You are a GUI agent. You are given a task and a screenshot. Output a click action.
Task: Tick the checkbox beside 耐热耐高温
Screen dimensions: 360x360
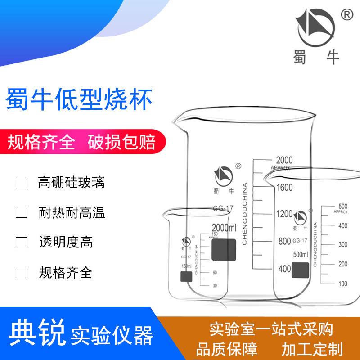[x=22, y=212]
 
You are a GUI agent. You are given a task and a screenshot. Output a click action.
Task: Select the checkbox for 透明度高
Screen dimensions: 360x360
[x=22, y=243]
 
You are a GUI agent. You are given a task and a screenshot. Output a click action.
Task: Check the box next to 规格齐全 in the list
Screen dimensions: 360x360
[x=22, y=273]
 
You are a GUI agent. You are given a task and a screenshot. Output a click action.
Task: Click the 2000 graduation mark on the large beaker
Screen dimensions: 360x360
[x=284, y=160]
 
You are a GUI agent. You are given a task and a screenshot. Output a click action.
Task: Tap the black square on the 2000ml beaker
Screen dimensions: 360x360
[x=224, y=250]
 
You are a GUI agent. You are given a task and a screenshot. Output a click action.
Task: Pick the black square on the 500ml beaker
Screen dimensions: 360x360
[x=300, y=269]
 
